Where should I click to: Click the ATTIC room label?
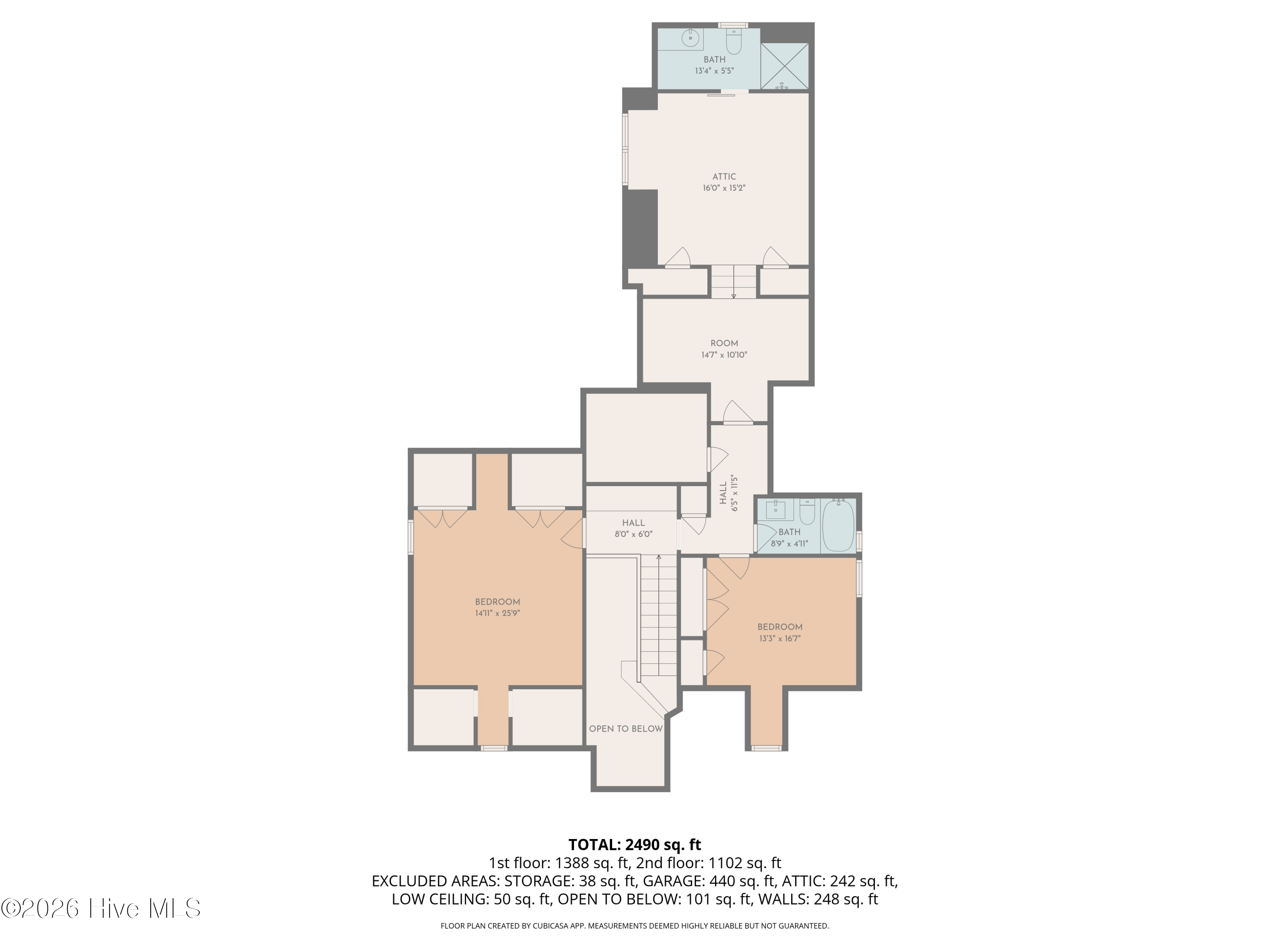[x=724, y=177]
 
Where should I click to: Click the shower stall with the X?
[x=784, y=66]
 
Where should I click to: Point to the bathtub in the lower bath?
[x=838, y=526]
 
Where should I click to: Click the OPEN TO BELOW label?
[x=626, y=729]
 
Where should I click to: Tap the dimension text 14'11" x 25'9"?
[x=497, y=613]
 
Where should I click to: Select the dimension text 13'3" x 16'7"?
[x=780, y=638]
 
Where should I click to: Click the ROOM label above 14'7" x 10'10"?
[x=724, y=343]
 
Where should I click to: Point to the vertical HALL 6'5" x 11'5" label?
[x=728, y=493]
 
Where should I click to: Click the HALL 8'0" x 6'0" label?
[x=633, y=528]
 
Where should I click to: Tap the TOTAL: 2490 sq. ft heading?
[x=635, y=845]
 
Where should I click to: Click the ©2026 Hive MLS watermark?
[x=101, y=908]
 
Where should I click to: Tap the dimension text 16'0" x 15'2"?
[x=724, y=187]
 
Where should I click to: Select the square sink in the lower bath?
[x=776, y=509]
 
